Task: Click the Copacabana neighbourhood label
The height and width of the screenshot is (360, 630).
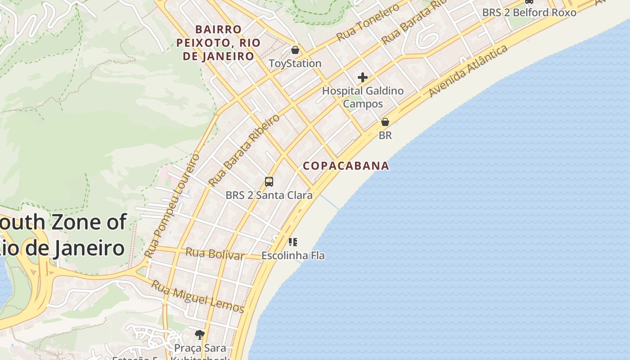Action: pos(346,166)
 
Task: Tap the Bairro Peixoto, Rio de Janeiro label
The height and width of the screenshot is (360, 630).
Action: pos(218,43)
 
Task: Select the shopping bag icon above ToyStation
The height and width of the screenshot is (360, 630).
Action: pos(295,50)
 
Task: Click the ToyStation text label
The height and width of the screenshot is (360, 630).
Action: pos(295,63)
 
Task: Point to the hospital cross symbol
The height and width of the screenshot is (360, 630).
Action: pos(363,77)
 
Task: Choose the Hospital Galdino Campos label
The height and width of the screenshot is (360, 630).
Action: pos(363,97)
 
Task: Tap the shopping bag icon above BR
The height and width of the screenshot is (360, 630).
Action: pos(385,122)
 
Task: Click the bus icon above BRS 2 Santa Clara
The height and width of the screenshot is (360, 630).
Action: pos(269,182)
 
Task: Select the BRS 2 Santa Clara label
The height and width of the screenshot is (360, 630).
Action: pos(269,195)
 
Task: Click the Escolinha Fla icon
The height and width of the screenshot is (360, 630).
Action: pos(293,242)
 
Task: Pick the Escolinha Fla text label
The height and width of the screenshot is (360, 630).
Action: pos(293,256)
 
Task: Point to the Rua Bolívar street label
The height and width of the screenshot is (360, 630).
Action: pos(215,254)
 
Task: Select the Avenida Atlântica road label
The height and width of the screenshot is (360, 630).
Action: pos(468,71)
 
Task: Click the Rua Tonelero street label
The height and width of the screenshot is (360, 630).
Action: pos(368,22)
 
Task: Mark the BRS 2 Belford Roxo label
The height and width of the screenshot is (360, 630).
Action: pos(529,13)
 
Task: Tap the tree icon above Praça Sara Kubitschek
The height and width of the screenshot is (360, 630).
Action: pos(200,334)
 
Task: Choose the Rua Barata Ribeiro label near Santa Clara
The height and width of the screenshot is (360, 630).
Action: pos(244,150)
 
